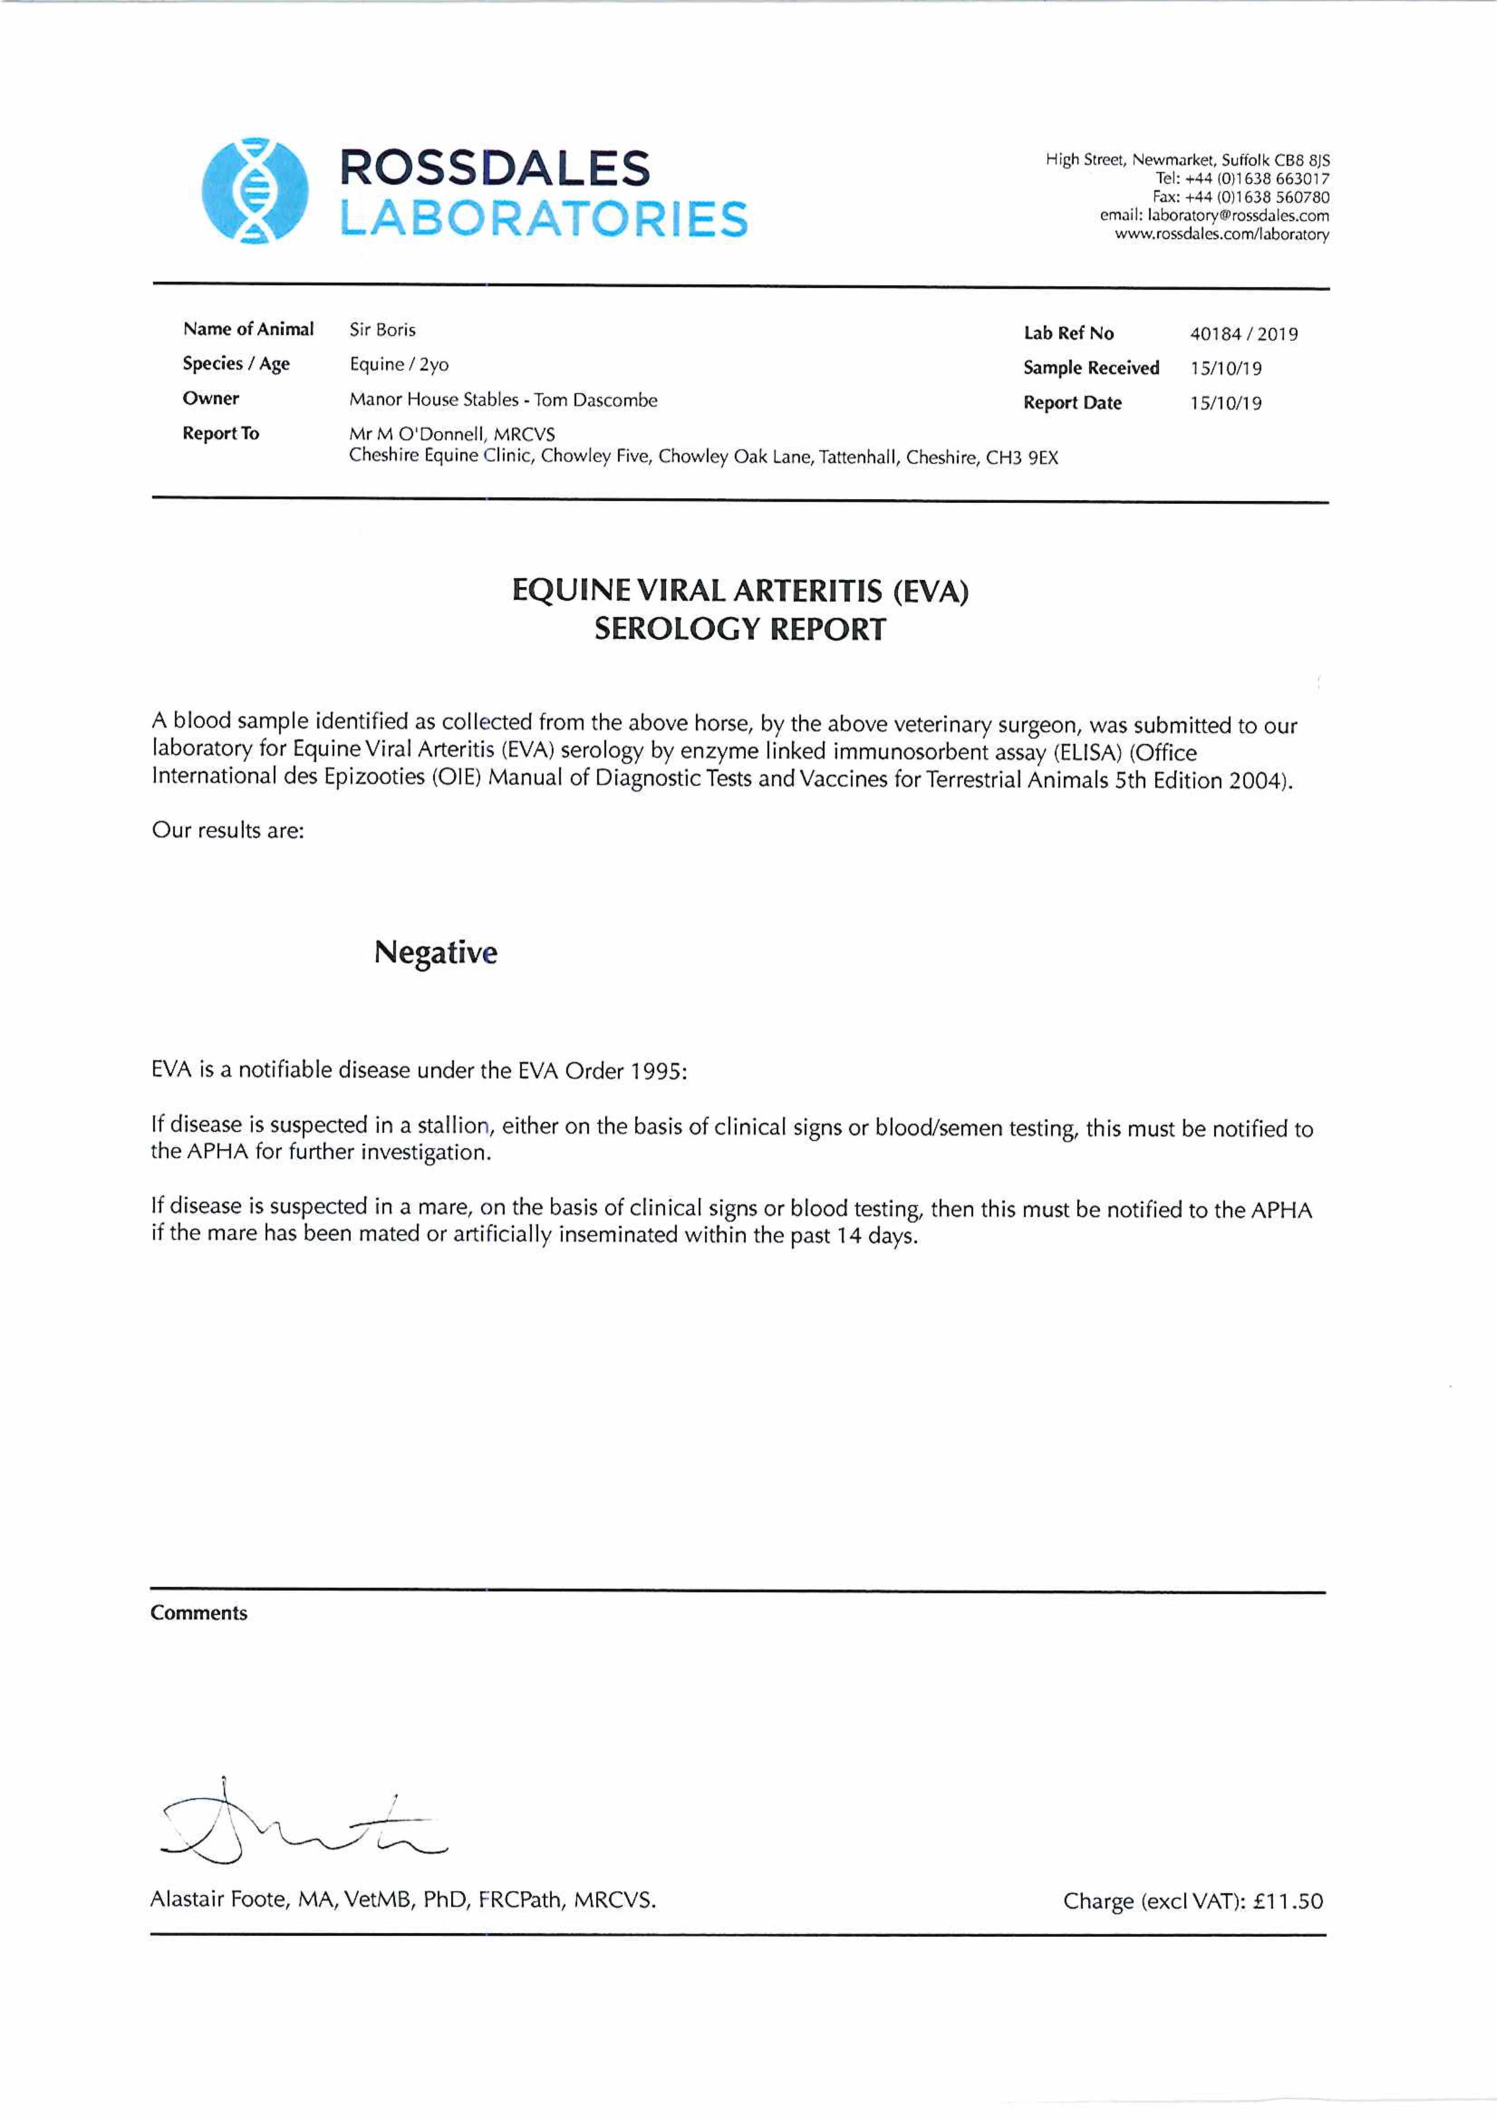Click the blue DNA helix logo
click(x=255, y=191)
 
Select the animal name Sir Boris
click(x=382, y=329)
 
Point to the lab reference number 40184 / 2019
click(x=1243, y=334)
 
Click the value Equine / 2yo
click(x=398, y=364)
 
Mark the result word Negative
click(x=435, y=952)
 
